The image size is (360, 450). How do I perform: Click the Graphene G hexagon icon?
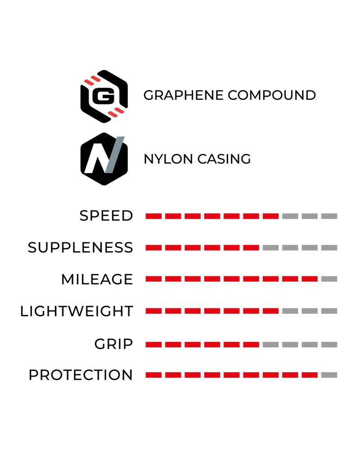[104, 96]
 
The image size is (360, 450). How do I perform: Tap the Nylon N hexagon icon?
[104, 159]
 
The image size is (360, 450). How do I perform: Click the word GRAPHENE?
[183, 95]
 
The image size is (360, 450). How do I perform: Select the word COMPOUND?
[272, 95]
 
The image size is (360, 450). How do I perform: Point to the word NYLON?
[168, 159]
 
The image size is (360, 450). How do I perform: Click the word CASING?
[224, 159]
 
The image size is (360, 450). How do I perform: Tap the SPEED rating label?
[106, 216]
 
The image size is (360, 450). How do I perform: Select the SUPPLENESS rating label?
[81, 247]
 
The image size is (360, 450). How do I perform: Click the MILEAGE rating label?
[97, 279]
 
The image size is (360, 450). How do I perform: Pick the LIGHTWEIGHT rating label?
[76, 311]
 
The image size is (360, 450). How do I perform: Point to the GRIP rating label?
[114, 344]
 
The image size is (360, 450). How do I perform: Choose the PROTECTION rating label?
[81, 375]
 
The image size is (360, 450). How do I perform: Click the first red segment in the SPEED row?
[153, 216]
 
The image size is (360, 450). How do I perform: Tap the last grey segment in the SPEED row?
[329, 216]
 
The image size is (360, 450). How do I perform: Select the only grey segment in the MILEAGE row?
[329, 279]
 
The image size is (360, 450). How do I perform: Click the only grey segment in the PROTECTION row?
[329, 375]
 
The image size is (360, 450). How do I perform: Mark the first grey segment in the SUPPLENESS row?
[270, 247]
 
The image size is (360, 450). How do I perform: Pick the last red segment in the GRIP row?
[251, 344]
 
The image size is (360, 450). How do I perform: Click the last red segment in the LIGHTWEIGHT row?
[270, 311]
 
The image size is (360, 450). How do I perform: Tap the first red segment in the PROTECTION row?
[153, 375]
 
